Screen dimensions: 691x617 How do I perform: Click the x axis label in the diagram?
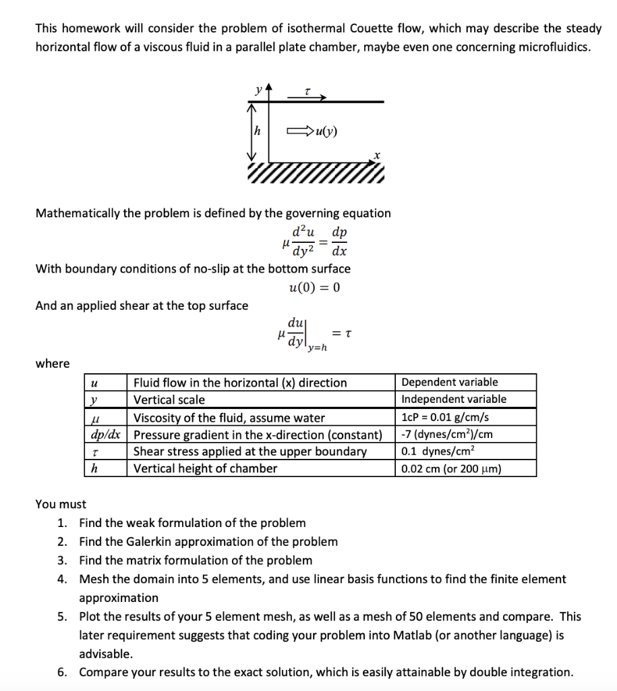pos(377,155)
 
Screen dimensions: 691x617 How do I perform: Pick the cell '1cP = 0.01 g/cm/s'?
pos(445,418)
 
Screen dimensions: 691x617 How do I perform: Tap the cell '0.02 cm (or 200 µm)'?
pos(450,469)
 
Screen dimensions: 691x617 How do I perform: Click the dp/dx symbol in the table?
pos(105,435)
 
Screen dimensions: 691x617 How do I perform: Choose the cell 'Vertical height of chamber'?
pos(205,468)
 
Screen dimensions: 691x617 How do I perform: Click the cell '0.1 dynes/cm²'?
pos(435,451)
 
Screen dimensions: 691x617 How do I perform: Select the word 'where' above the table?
pos(52,364)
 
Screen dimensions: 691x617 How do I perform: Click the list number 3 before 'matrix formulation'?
pos(61,560)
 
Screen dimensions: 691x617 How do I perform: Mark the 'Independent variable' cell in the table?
pos(453,399)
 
